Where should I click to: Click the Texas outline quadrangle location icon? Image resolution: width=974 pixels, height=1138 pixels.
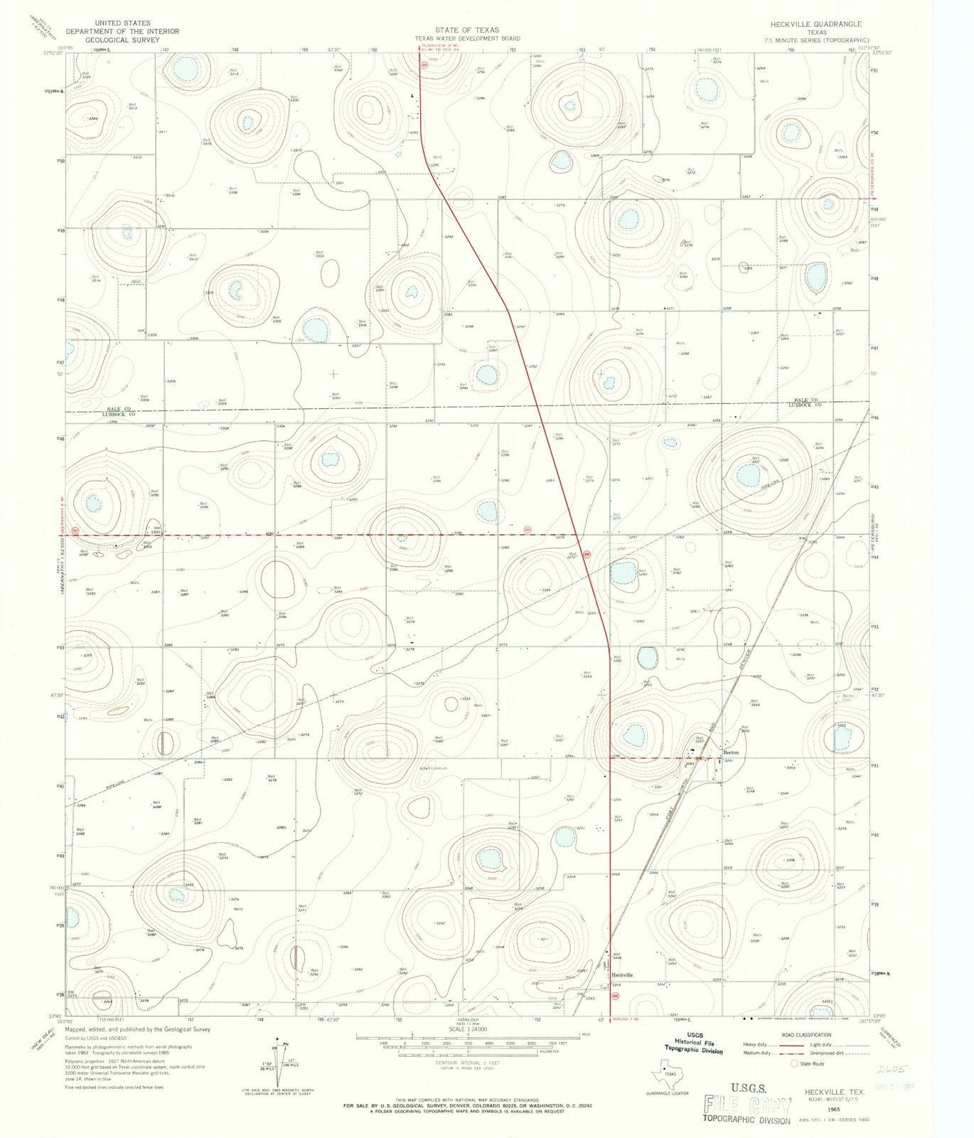665,1065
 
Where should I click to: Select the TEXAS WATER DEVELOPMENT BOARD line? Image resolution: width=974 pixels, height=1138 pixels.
467,38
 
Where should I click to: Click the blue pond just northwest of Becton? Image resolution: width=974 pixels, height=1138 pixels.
631,733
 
